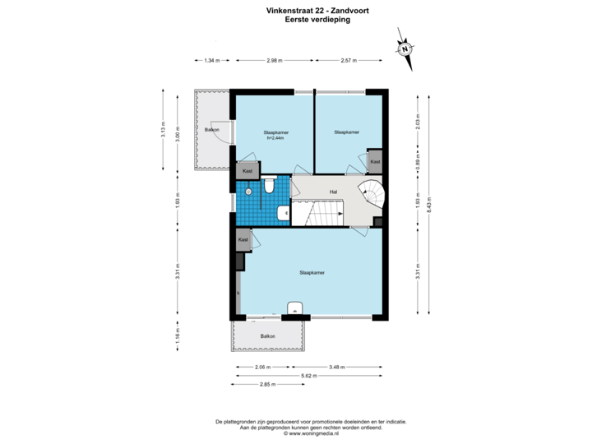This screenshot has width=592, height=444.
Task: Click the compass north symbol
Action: tap(405, 48)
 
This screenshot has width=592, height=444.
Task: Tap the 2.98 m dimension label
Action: tap(274, 59)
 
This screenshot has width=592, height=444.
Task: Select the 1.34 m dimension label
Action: tap(212, 59)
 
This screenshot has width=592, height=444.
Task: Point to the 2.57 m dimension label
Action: tap(350, 59)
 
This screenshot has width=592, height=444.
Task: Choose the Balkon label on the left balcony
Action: tap(210, 131)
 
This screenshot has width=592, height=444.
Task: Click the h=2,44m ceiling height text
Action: tap(275, 137)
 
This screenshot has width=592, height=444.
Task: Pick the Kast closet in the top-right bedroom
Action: tap(375, 162)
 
